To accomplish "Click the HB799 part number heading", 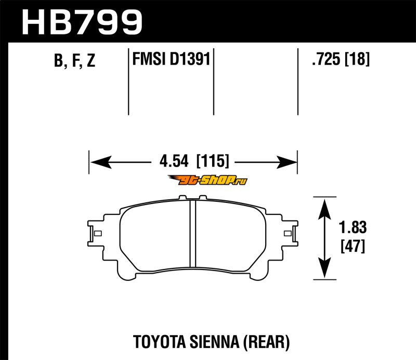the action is [x=82, y=22].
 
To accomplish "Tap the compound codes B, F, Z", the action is [x=74, y=60].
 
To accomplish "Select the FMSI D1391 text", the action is [x=171, y=59].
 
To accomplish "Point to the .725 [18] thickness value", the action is [x=341, y=59].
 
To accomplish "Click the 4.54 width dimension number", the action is [x=174, y=161].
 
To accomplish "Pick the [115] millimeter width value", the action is [x=213, y=161].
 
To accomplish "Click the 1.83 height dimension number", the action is [x=353, y=227].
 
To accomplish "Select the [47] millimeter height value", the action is [x=353, y=246].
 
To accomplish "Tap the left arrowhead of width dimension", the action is [x=101, y=162].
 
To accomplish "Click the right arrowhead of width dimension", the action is [x=287, y=162].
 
